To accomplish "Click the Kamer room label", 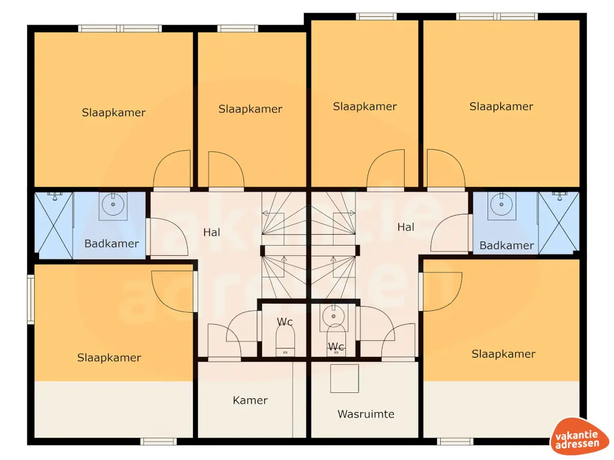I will point(250,400).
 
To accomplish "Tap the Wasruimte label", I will point(366,414).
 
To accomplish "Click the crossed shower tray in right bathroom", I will point(558,223).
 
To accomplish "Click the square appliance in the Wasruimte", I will point(344,379).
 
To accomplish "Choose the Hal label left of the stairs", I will point(212,232).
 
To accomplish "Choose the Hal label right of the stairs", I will point(406,227).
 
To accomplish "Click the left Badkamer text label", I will point(112,244).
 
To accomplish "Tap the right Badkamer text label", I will point(507,246).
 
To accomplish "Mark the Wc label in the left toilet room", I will point(285,322).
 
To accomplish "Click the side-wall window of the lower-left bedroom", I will point(31,299).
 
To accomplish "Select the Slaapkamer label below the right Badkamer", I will point(504,354).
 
